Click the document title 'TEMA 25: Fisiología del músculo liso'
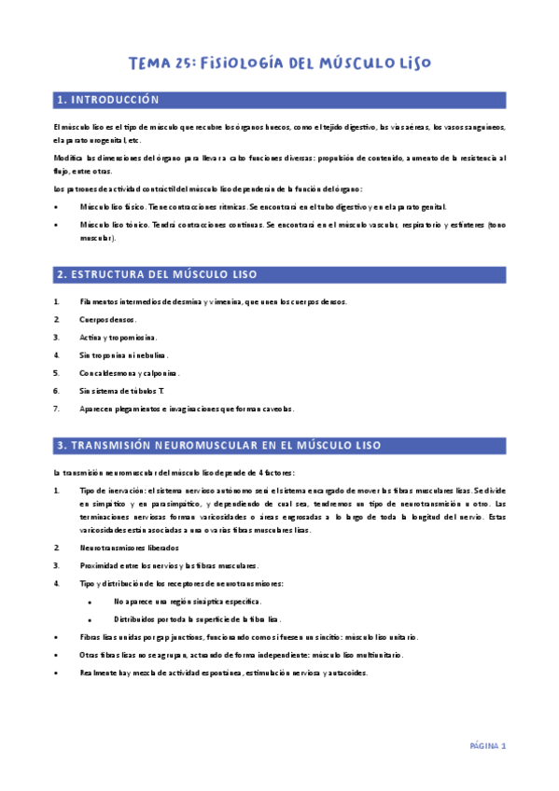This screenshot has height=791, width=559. click(279, 63)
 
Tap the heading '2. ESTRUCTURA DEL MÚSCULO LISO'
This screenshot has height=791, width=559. click(157, 274)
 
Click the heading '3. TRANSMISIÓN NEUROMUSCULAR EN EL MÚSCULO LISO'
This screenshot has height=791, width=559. click(219, 446)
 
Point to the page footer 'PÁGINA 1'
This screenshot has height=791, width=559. click(487, 746)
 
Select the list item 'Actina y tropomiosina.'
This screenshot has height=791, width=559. click(119, 337)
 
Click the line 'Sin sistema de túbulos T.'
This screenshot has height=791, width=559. click(122, 390)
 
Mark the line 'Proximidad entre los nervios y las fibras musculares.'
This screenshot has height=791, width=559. click(170, 565)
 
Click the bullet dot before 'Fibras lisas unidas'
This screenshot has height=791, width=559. click(57, 637)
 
